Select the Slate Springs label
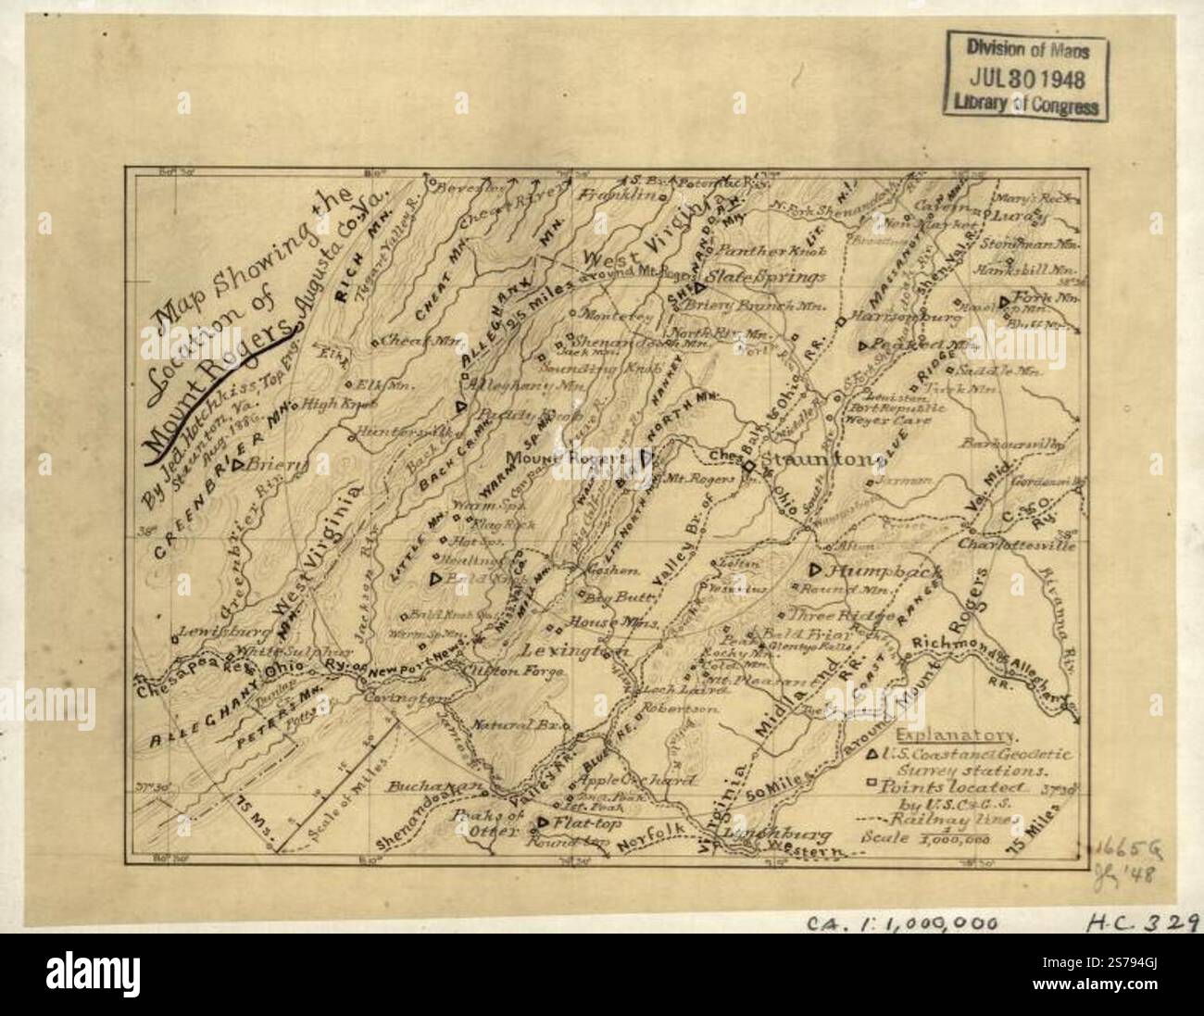tap(765, 277)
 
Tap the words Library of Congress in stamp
tap(1024, 105)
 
